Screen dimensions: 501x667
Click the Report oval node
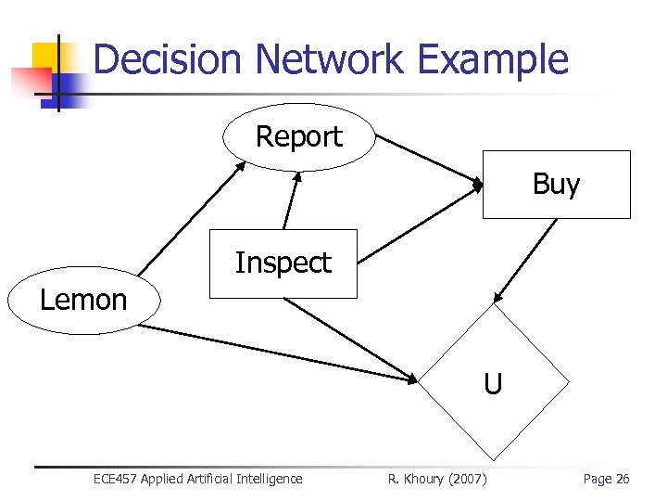coord(298,137)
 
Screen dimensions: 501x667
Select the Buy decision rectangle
coord(556,185)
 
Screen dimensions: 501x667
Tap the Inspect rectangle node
coord(283,263)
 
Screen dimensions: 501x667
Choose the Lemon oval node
coord(83,301)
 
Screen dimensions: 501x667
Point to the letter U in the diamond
coord(493,383)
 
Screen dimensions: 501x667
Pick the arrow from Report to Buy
coord(429,161)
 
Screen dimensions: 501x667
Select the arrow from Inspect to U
coord(352,340)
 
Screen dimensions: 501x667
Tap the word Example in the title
coord(492,59)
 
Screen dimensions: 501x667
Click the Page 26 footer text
coord(606,479)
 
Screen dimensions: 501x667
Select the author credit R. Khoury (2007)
coord(436,479)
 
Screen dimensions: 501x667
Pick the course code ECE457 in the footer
coord(116,479)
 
